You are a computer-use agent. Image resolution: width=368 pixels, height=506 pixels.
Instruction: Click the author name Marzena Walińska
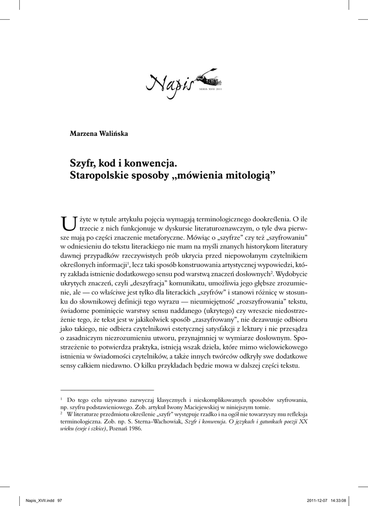tap(99, 133)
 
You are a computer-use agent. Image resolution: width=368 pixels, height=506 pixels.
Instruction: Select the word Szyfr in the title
tap(82, 163)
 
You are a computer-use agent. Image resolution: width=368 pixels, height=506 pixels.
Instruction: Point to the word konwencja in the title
tap(149, 163)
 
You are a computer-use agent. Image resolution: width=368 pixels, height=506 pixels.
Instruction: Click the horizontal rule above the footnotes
tap(107, 390)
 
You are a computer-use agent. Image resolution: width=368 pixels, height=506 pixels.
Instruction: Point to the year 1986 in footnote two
tap(133, 429)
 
